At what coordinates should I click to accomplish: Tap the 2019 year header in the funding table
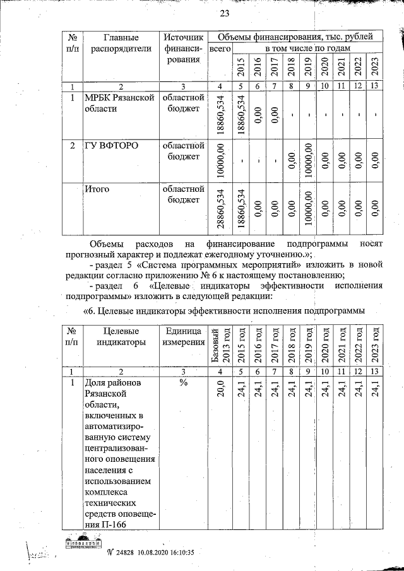307,66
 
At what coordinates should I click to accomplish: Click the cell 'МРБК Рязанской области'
119,103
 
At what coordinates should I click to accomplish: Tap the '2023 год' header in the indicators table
374,344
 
